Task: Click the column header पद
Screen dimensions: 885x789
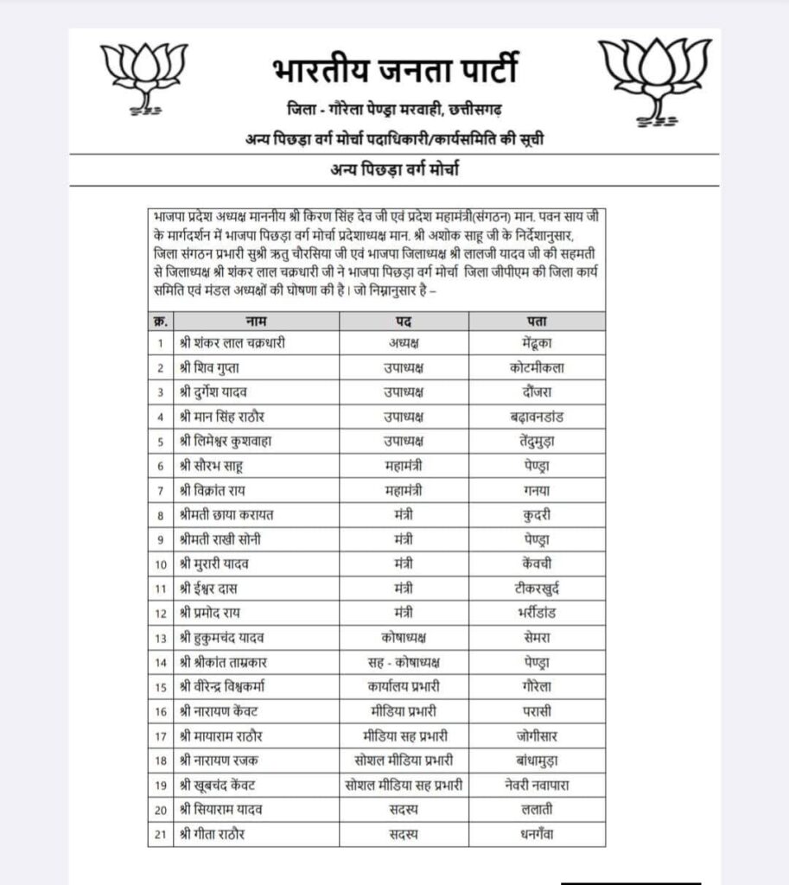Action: click(x=404, y=321)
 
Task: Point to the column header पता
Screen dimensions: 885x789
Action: click(x=537, y=321)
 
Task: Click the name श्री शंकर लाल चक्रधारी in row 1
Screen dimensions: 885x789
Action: click(x=232, y=343)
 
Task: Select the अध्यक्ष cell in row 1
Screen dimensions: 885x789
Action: click(x=404, y=343)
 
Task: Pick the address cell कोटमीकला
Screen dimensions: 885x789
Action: click(x=537, y=368)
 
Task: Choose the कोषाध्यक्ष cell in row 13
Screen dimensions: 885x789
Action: click(x=404, y=639)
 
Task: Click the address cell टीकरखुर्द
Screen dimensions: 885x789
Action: click(x=537, y=589)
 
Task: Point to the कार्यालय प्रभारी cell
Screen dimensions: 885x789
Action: click(x=404, y=687)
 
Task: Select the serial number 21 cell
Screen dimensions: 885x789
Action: click(x=161, y=835)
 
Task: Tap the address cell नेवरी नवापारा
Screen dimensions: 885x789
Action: click(x=537, y=786)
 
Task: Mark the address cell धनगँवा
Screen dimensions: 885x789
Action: click(x=537, y=835)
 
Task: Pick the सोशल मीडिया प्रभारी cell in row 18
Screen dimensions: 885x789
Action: click(x=404, y=761)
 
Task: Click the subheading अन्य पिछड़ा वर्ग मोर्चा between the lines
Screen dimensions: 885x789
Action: click(x=394, y=169)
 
